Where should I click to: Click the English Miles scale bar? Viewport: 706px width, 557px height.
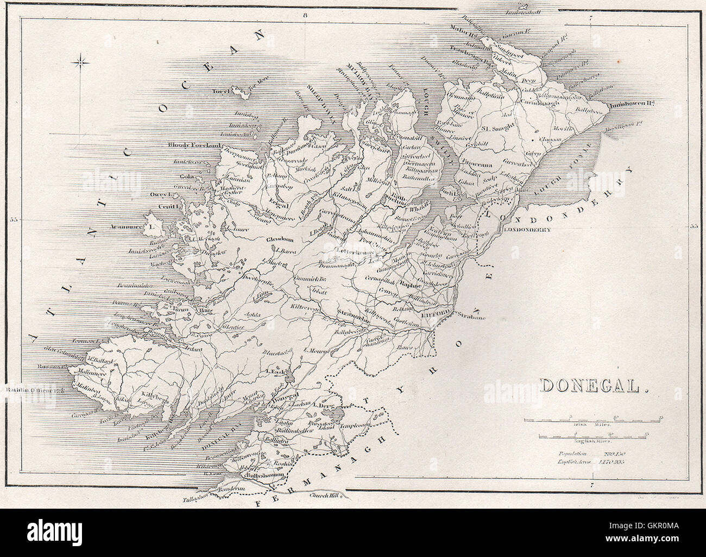coord(592,435)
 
